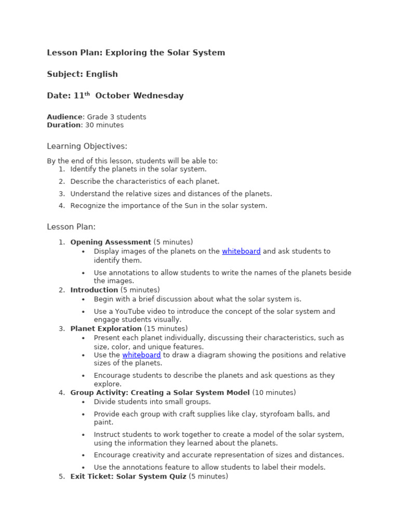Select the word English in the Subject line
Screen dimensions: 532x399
[x=102, y=74]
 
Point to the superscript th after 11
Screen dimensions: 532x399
[x=87, y=94]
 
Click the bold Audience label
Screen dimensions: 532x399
[x=64, y=117]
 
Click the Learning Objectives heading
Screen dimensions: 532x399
[x=87, y=147]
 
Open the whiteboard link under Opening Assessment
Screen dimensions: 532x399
[x=241, y=251]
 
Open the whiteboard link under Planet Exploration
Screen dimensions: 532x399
[x=141, y=355]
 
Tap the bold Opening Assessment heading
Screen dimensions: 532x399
[x=111, y=242]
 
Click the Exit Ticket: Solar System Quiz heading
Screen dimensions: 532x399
[x=128, y=476]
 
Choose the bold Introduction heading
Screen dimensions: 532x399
[x=94, y=290]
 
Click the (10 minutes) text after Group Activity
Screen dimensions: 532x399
[x=274, y=393]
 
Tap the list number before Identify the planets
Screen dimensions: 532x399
[x=61, y=169]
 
